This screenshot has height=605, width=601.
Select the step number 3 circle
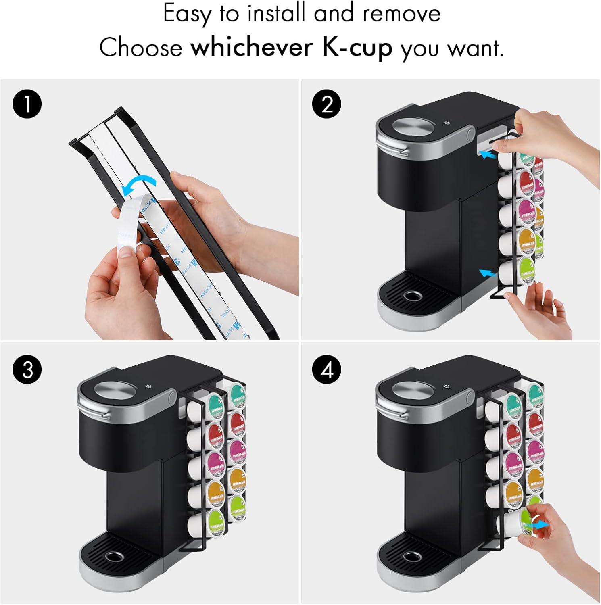[x=27, y=369]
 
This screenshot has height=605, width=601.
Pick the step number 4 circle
[x=327, y=369]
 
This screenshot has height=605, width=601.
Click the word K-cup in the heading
[x=357, y=48]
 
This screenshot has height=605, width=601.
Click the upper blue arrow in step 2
[x=487, y=154]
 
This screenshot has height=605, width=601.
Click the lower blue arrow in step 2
[x=487, y=273]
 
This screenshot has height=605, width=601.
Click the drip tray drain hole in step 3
[x=114, y=557]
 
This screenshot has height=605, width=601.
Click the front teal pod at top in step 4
[x=513, y=405]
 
